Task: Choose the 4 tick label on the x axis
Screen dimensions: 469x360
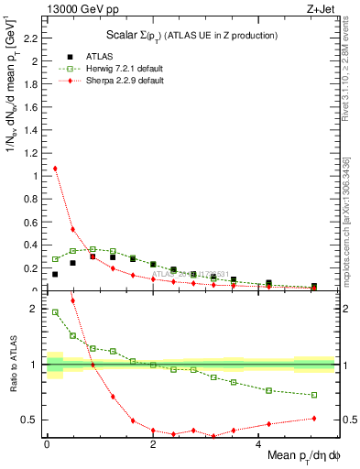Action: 259,445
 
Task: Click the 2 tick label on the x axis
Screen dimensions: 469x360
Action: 153,445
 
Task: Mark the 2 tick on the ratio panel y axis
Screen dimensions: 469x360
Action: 34,310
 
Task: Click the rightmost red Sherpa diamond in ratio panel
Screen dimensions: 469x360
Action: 314,419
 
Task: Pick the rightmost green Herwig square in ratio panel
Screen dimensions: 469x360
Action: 314,396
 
